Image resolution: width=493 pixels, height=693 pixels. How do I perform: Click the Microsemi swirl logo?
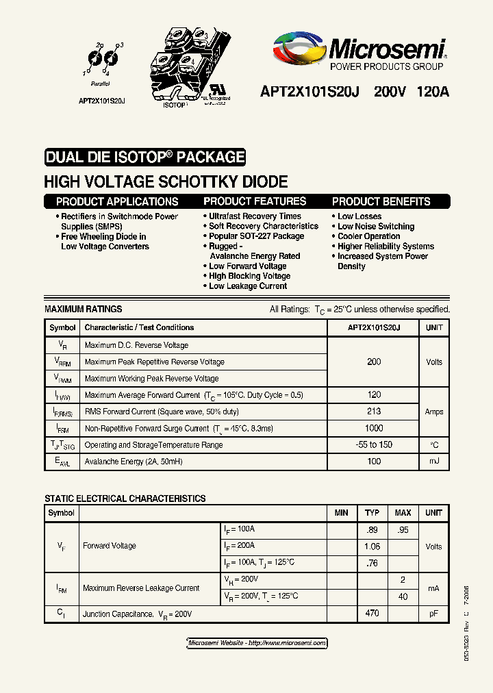point(299,51)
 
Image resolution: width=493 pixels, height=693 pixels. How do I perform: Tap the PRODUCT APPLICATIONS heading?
point(117,201)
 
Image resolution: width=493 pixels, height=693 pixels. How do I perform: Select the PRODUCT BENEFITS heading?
point(381,201)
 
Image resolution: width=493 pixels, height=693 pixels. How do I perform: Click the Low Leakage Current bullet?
point(248,286)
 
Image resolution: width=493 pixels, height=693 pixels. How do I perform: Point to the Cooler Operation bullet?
point(368,236)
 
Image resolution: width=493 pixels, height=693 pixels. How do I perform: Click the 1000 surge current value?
point(374,428)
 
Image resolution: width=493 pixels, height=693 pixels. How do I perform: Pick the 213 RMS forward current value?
point(374,412)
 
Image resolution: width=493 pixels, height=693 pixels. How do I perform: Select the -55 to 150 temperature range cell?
point(374,445)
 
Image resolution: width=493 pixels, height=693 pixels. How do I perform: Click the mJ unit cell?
point(434,462)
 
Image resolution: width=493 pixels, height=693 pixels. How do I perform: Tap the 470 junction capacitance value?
point(372,613)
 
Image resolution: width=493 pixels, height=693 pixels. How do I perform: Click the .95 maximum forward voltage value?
point(403,530)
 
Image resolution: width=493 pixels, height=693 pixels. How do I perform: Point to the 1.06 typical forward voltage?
point(372,546)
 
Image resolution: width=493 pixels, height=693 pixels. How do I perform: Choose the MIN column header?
point(341,513)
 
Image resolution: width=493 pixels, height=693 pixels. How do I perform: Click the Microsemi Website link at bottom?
point(257,643)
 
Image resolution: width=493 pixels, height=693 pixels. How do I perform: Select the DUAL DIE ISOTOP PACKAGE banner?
point(144,157)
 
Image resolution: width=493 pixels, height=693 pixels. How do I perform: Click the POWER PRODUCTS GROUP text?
point(387,66)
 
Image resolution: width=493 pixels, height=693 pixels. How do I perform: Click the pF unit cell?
point(433,613)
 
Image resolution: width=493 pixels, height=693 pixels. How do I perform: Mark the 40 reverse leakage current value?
point(403,596)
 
